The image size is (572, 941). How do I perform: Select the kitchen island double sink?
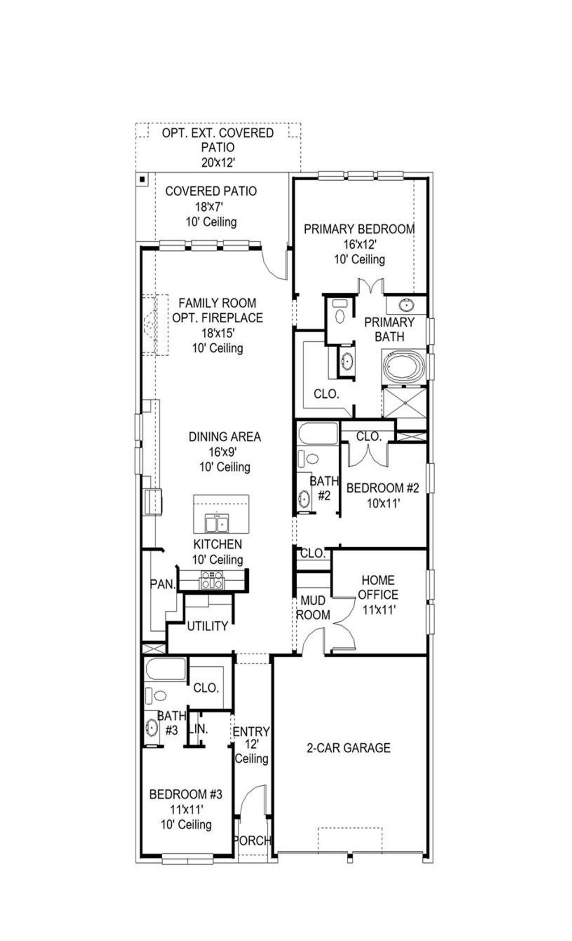pos(217,523)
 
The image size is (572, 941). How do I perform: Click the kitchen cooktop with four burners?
pos(212,580)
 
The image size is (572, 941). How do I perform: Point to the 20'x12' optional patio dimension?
pos(218,162)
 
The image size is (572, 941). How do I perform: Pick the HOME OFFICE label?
pos(378,587)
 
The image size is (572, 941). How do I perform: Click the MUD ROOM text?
pos(313,608)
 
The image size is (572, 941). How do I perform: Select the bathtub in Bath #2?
pos(318,434)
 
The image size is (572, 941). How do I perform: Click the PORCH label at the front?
pos(252,841)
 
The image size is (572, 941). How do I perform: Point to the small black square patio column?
pos(142,179)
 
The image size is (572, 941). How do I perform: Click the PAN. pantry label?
pos(163,584)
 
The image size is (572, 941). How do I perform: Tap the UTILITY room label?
pos(207,626)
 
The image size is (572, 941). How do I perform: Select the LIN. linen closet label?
pos(198,729)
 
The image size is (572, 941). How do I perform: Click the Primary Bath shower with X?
pos(405,402)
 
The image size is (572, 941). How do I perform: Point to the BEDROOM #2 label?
pos(383,488)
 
